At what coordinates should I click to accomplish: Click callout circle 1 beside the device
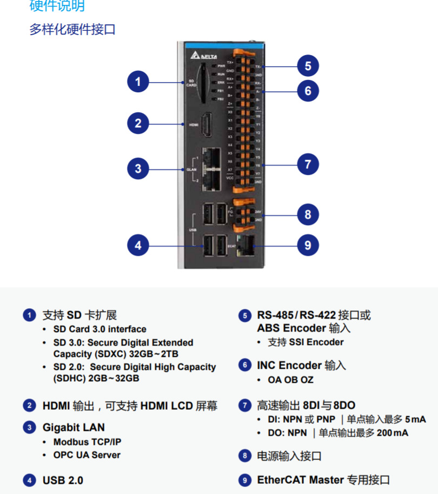[138, 82]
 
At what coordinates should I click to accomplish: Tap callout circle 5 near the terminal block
[308, 66]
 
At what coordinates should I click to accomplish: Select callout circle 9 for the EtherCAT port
[308, 246]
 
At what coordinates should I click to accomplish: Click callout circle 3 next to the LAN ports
[138, 168]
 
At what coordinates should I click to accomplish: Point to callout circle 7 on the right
[308, 164]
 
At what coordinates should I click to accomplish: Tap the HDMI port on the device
[206, 125]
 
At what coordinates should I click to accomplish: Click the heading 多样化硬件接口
[72, 29]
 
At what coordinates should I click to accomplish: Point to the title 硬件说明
[57, 6]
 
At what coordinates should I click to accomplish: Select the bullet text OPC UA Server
[87, 455]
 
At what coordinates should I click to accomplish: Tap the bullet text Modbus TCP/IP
[87, 442]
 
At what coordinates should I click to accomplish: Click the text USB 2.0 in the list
[63, 480]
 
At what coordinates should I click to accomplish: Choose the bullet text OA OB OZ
[290, 380]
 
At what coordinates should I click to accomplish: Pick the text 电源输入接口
[289, 456]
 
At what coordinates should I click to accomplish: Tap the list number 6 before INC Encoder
[245, 366]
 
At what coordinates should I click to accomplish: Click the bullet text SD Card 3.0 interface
[99, 329]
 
